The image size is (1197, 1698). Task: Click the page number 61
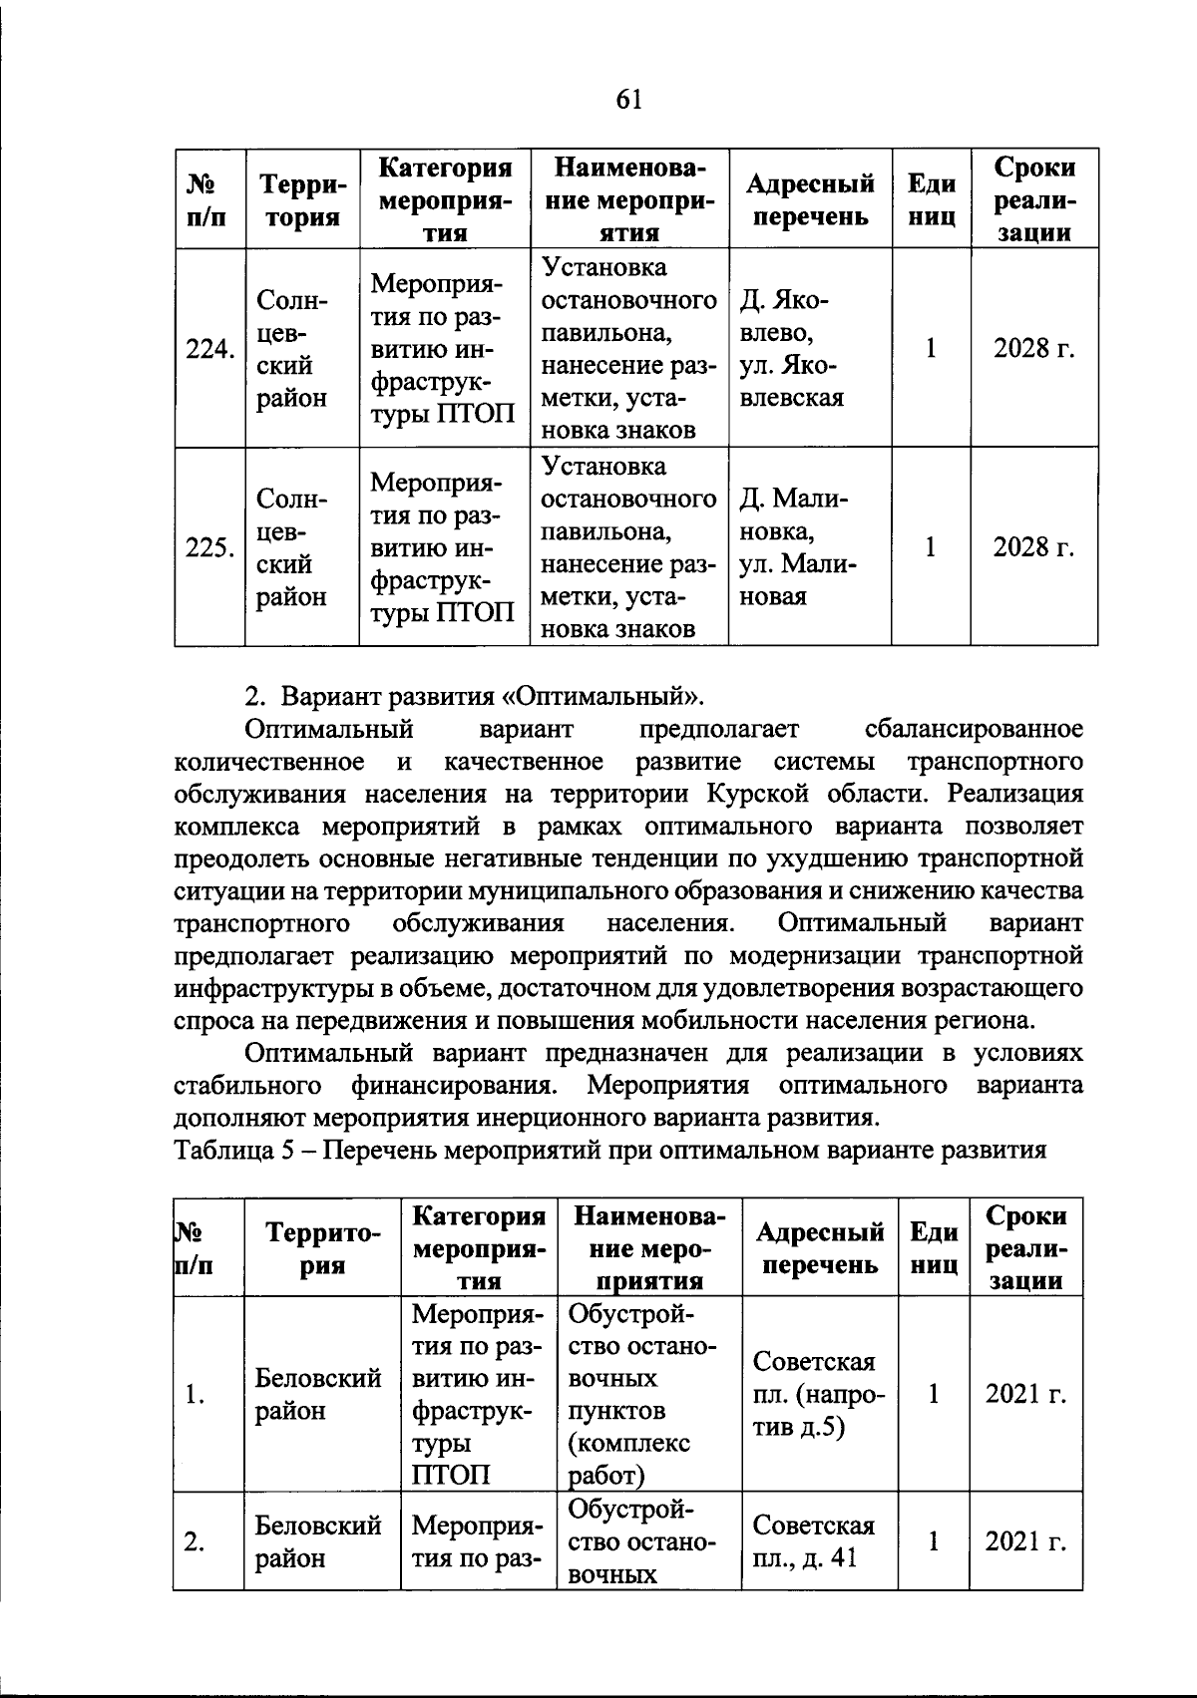pos(628,99)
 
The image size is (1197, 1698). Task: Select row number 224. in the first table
pos(209,349)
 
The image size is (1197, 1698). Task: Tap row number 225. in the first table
pos(209,547)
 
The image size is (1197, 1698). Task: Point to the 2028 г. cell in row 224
pos(1033,348)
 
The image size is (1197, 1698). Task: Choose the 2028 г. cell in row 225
pos(1033,547)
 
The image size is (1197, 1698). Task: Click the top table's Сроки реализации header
pos(1034,199)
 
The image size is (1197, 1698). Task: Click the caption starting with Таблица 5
pos(609,1150)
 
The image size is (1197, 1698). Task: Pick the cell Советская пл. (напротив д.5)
pos(819,1394)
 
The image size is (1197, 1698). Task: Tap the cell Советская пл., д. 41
pos(813,1541)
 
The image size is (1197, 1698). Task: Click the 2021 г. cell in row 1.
pos(1025,1394)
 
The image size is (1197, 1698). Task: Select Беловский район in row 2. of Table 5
pos(318,1541)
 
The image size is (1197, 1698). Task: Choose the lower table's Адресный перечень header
pos(819,1248)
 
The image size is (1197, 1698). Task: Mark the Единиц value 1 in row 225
pos(930,547)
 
